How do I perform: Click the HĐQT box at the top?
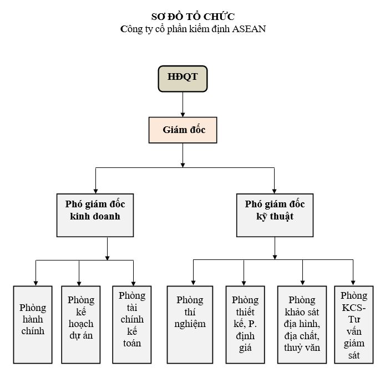click(x=183, y=78)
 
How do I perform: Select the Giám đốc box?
click(x=183, y=131)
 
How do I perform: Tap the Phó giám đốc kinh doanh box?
click(x=95, y=214)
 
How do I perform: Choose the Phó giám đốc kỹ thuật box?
click(x=275, y=214)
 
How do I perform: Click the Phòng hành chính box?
click(x=33, y=324)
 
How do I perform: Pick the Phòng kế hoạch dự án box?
click(x=81, y=324)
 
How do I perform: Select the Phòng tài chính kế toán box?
click(x=132, y=324)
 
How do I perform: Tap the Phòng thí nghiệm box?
click(x=190, y=324)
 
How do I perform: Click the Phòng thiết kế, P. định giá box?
click(x=245, y=324)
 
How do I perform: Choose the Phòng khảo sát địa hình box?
click(x=302, y=324)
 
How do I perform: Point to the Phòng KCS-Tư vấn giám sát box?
click(x=353, y=324)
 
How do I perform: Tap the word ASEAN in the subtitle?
click(x=248, y=29)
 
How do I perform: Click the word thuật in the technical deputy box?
click(x=283, y=217)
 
